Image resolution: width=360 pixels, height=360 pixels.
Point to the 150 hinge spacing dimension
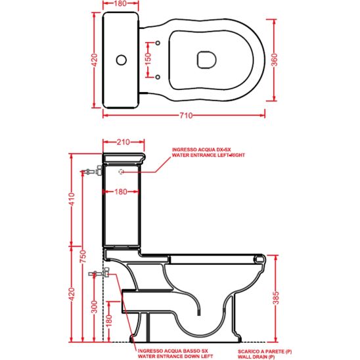click(x=148, y=60)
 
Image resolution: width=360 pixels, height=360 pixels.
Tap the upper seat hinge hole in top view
click(x=160, y=43)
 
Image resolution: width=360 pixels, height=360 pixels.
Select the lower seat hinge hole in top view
click(x=160, y=76)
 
